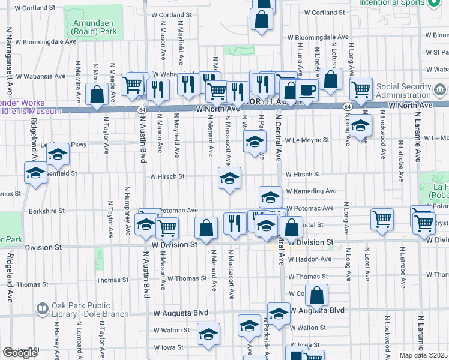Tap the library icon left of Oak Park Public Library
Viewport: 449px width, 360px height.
(x=43, y=309)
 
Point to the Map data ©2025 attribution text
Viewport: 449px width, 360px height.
(x=423, y=355)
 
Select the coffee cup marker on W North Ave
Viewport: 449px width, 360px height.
(x=307, y=91)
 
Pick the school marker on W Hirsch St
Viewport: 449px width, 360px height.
(x=229, y=179)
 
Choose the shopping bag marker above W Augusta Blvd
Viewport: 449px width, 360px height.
(x=316, y=296)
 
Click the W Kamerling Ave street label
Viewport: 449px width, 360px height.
(x=311, y=191)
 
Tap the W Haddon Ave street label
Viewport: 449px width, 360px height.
(x=309, y=259)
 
